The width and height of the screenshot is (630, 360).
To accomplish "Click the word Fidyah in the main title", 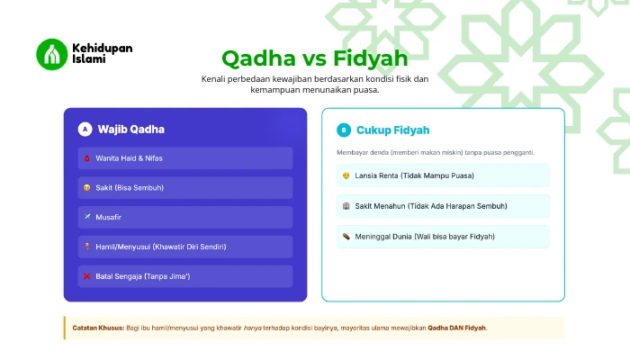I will pos(370,58).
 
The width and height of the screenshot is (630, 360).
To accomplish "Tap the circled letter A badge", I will pos(85,130).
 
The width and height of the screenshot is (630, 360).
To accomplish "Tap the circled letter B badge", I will pos(343,130).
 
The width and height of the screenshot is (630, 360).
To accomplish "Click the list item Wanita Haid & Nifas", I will pos(184,158).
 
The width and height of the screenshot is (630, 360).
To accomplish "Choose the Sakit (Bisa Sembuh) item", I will pos(184,188).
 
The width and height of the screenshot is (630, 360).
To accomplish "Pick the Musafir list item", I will pos(184,218).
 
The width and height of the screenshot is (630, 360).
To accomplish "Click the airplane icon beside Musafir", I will pos(87,218).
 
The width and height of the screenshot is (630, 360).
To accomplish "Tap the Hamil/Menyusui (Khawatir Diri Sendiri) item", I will pos(184,247).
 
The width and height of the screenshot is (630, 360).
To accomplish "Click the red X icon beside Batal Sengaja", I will pos(87,276).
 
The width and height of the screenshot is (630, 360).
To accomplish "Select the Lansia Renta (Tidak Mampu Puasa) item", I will pos(443,175).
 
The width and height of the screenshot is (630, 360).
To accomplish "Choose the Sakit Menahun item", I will pos(443,206).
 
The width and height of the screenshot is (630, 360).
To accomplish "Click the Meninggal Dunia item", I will pos(443,237).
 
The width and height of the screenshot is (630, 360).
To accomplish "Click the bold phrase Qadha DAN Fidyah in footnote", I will pos(456,328).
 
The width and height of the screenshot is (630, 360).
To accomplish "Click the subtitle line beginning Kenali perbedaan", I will pos(315,79).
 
